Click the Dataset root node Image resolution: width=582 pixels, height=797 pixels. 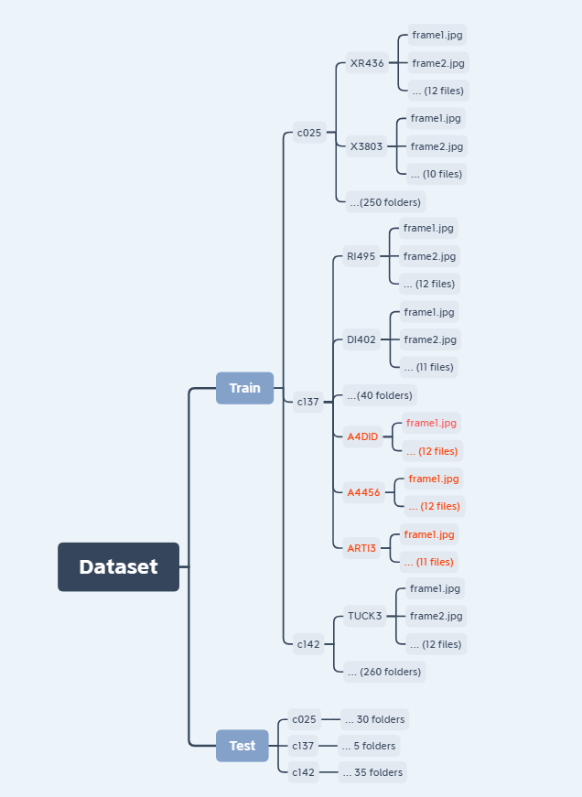[x=118, y=566]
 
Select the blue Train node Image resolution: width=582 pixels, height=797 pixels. [x=244, y=388]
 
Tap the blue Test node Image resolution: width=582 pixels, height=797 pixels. [x=242, y=746]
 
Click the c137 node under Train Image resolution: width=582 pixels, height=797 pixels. [x=308, y=401]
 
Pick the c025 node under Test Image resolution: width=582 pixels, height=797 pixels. [x=304, y=719]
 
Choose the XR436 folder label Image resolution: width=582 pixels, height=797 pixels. [x=367, y=64]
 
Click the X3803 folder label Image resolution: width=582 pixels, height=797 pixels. [x=367, y=146]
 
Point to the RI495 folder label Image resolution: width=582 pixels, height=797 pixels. [x=361, y=256]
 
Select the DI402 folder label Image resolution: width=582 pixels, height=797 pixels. [x=361, y=339]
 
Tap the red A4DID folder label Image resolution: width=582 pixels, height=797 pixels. [x=362, y=436]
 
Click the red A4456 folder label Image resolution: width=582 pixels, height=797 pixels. [x=363, y=492]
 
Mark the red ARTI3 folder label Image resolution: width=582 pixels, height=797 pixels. [x=361, y=548]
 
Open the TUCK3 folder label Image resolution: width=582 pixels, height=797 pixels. [x=364, y=616]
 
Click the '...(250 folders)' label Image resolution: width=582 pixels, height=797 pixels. [x=385, y=202]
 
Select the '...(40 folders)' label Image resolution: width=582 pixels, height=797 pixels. [x=380, y=395]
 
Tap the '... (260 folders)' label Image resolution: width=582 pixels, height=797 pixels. [x=384, y=672]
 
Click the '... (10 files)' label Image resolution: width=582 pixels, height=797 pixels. [x=436, y=174]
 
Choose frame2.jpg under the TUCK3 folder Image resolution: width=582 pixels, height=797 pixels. [x=436, y=616]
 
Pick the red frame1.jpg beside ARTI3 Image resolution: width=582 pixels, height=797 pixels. [x=429, y=534]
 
